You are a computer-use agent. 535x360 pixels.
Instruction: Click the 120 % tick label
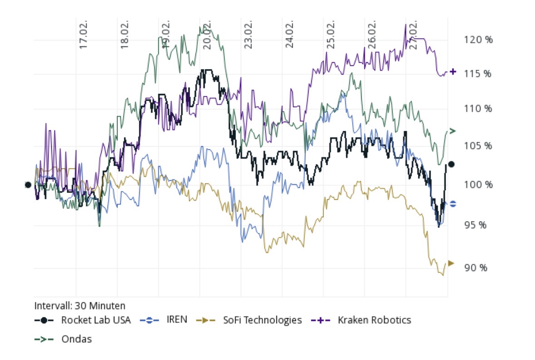[478, 39]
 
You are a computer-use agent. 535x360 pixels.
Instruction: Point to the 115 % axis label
[478, 74]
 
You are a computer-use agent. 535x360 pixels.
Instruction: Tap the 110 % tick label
[478, 108]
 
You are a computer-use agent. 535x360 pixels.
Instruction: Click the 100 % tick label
[478, 185]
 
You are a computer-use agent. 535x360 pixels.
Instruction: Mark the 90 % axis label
[475, 268]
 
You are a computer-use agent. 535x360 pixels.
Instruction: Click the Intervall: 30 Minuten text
[80, 306]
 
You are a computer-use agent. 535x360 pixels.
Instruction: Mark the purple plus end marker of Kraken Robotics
[453, 72]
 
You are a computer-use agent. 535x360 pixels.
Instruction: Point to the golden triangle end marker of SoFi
[451, 263]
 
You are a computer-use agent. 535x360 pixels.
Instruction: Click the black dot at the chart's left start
[28, 185]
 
